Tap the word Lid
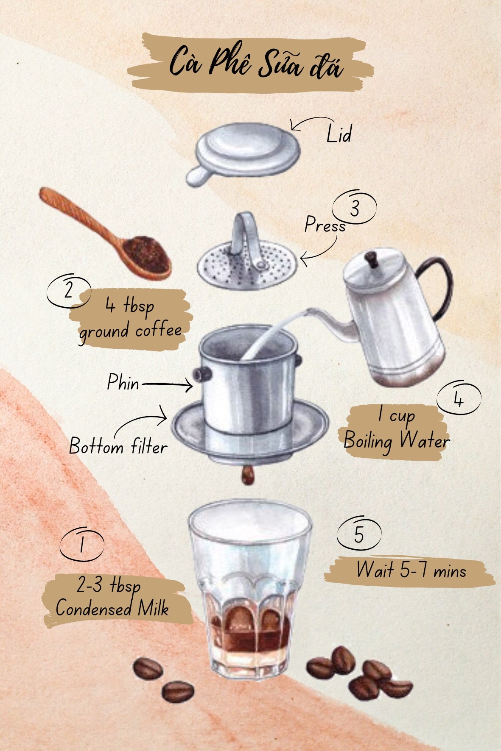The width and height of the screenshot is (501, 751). point(339,134)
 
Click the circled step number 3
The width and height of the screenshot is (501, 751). point(355,208)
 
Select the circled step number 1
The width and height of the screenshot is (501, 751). point(81,544)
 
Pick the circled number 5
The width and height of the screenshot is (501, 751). point(359,534)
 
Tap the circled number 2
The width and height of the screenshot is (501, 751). point(69,292)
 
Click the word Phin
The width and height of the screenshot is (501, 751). point(123,382)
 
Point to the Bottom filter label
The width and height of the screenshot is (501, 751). point(118,446)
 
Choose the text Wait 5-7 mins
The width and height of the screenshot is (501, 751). point(411,570)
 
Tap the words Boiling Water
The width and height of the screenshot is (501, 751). point(397,441)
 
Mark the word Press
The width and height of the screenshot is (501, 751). point(325,225)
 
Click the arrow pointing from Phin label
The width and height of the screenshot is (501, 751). point(167,384)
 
